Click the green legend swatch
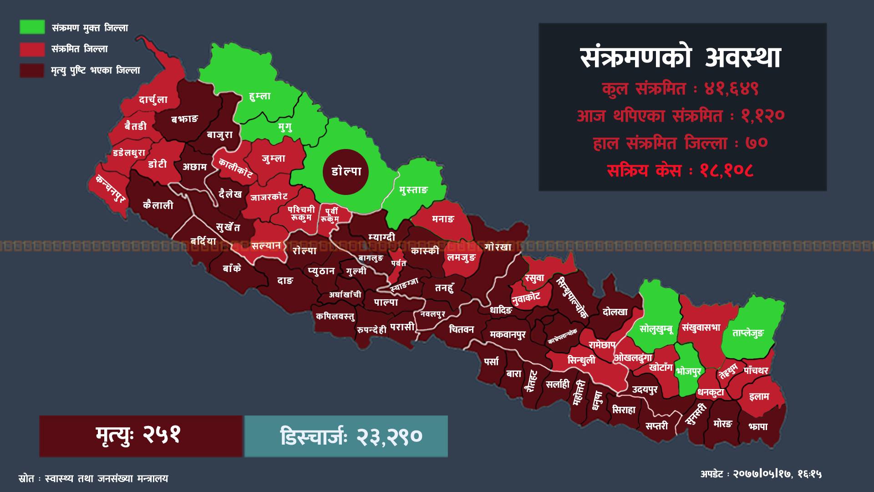[x=32, y=27]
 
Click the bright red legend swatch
[x=32, y=49]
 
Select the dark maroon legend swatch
[x=32, y=70]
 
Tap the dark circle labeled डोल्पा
[x=346, y=172]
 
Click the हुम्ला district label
[x=260, y=97]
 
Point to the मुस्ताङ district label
[x=414, y=190]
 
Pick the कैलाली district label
[x=158, y=205]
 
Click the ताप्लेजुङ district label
[x=748, y=333]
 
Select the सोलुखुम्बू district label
[x=656, y=328]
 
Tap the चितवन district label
[x=462, y=329]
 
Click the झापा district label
[x=757, y=427]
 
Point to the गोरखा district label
[x=498, y=247]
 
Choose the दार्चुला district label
[x=153, y=100]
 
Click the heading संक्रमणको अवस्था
[x=681, y=58]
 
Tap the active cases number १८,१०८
[x=727, y=171]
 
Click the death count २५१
[x=162, y=436]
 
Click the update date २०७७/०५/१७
[x=763, y=474]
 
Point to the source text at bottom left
[x=93, y=479]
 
